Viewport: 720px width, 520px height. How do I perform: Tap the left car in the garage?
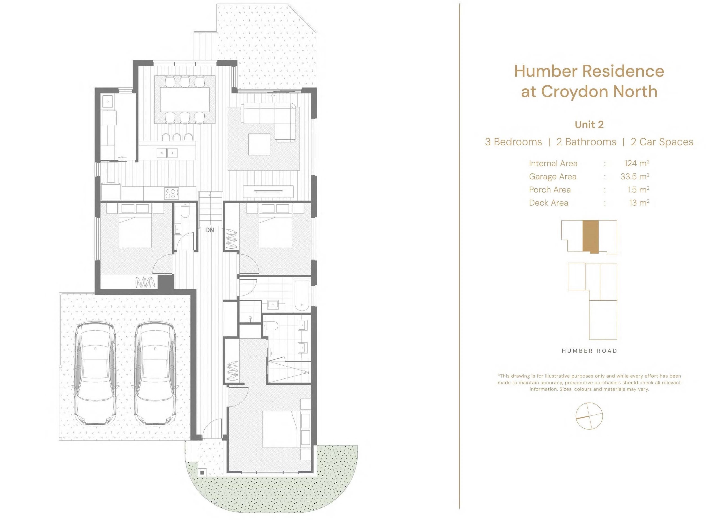[95, 374]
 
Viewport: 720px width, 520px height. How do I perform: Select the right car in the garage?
[155, 374]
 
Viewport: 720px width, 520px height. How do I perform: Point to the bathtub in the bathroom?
[302, 295]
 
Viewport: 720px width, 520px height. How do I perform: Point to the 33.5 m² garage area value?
[635, 176]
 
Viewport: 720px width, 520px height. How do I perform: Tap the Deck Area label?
[549, 203]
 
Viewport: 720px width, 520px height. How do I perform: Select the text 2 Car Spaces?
[662, 142]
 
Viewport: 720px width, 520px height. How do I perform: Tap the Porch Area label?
[550, 189]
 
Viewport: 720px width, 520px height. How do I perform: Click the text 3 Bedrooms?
[513, 142]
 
